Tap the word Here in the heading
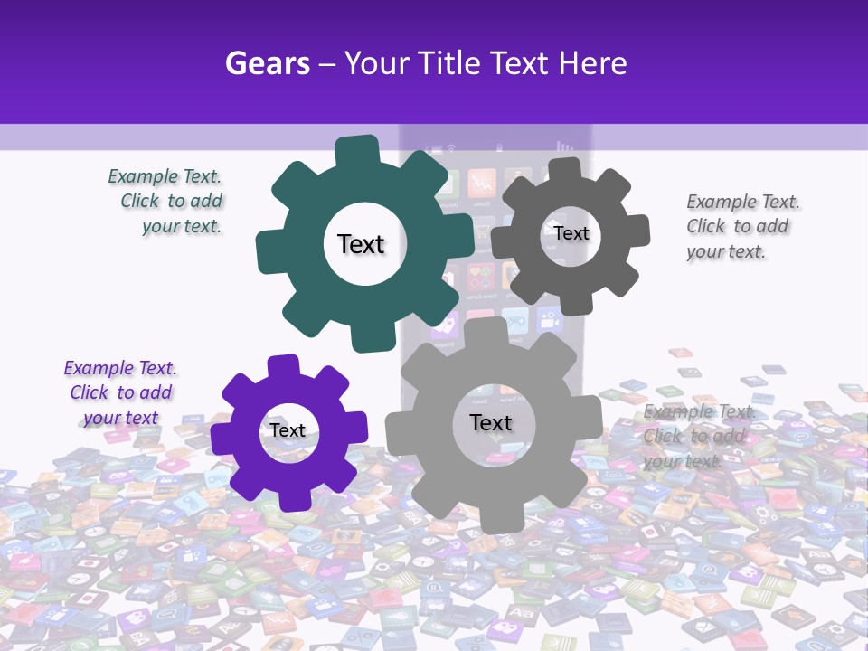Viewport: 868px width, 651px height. point(592,63)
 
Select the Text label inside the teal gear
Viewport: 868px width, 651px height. point(361,244)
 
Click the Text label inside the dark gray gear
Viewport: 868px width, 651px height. point(571,233)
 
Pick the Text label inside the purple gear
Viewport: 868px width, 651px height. point(288,430)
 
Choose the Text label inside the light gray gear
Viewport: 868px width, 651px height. point(491,422)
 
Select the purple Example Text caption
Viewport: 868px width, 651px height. point(120,392)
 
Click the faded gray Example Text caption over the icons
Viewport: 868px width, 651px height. point(697,436)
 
